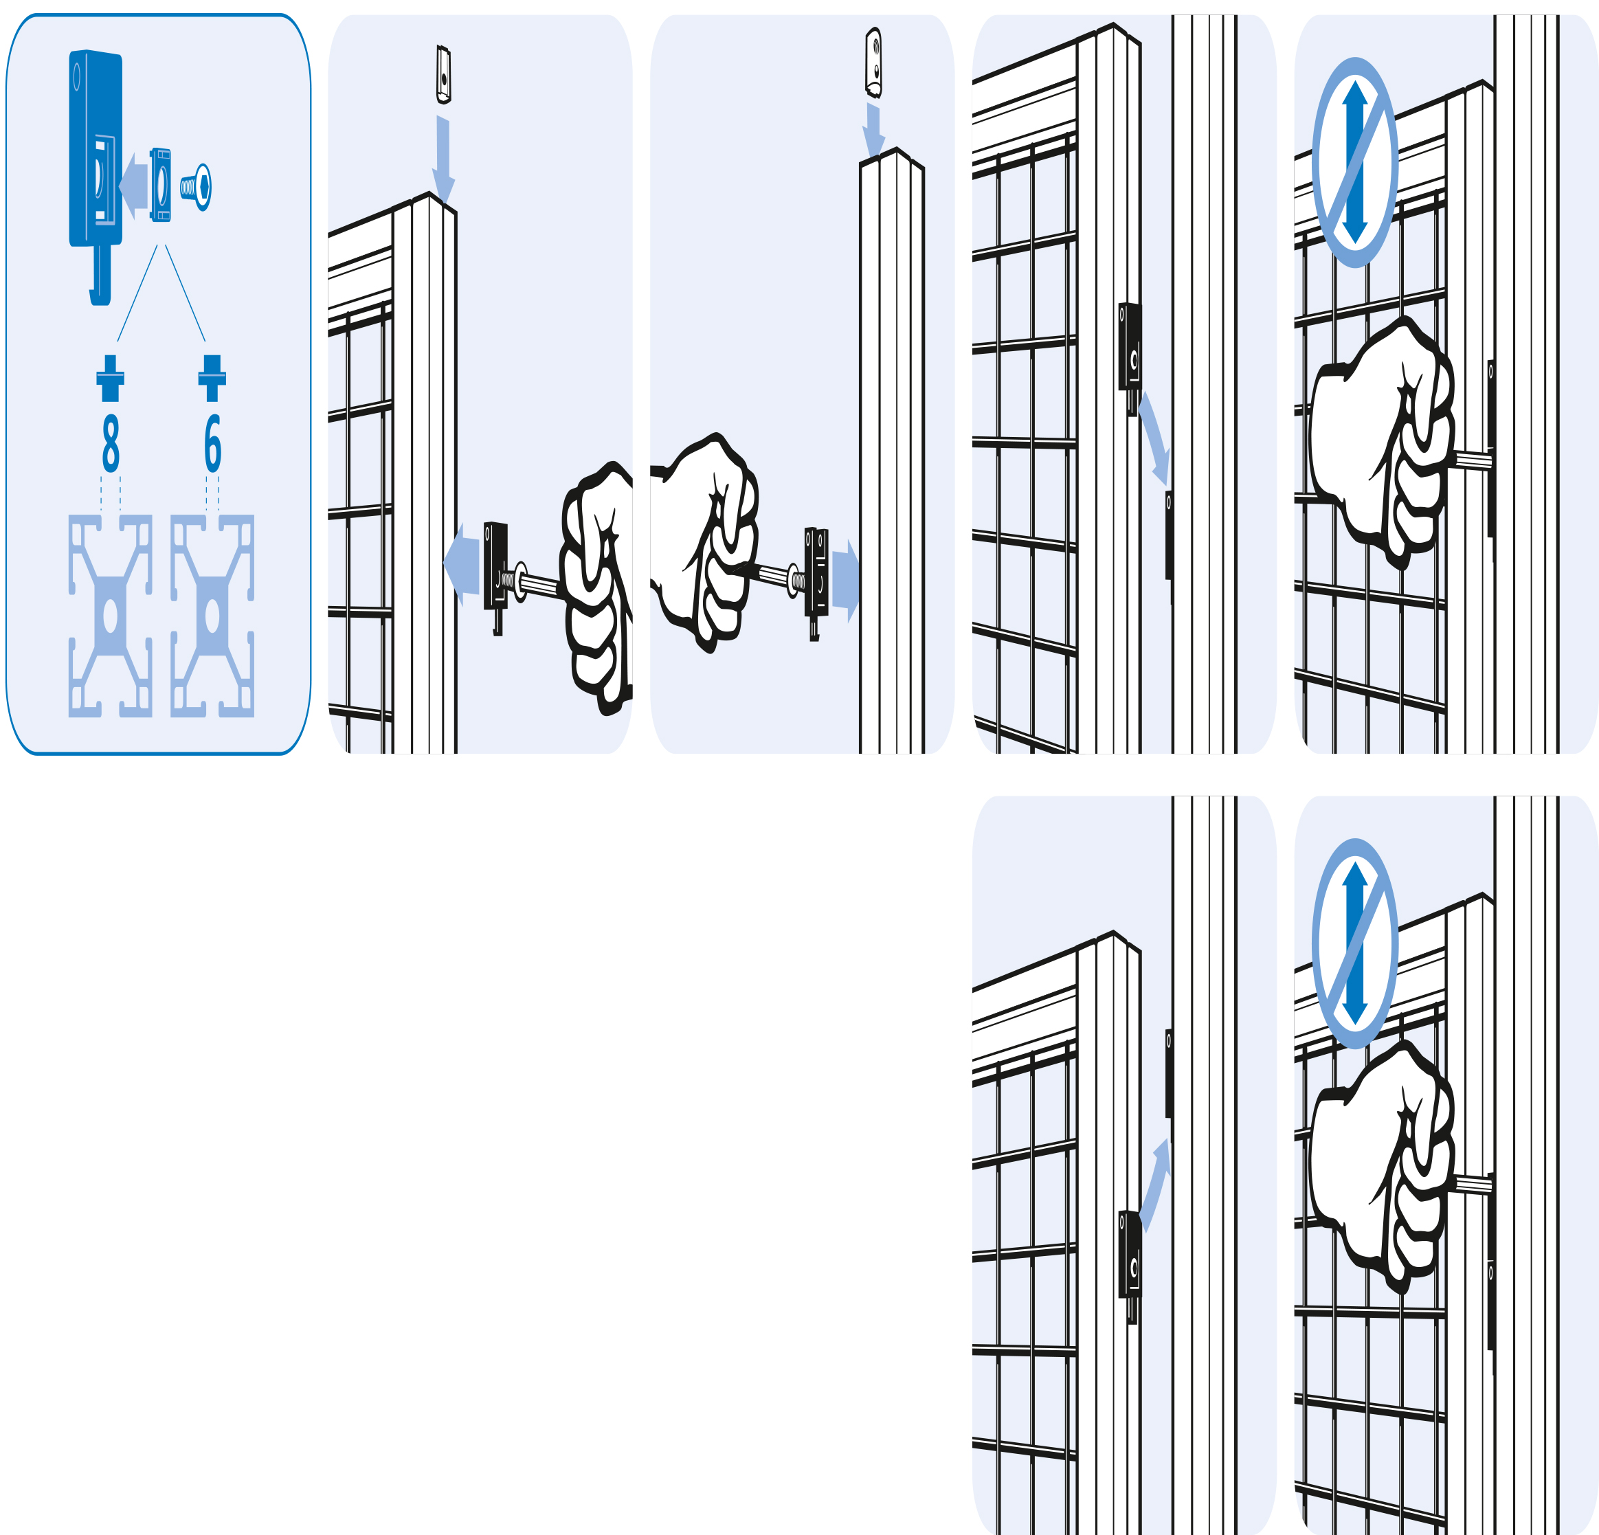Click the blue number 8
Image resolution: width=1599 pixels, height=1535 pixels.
111,443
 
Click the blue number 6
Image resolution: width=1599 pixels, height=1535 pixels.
212,443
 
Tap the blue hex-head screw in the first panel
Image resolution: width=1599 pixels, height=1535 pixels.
197,187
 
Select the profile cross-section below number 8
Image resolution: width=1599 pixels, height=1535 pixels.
110,616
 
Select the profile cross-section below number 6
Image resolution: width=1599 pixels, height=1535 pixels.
212,616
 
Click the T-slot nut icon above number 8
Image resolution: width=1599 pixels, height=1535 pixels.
110,378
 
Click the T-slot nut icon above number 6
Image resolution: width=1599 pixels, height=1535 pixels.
212,378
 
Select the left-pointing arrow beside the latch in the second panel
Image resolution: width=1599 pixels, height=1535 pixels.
462,563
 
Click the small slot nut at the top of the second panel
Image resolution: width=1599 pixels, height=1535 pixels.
444,74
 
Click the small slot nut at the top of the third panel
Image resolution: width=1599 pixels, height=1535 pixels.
874,62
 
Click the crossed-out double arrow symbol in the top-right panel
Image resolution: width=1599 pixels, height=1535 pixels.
1355,161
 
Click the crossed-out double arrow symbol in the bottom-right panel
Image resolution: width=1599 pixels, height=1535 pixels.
1355,943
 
